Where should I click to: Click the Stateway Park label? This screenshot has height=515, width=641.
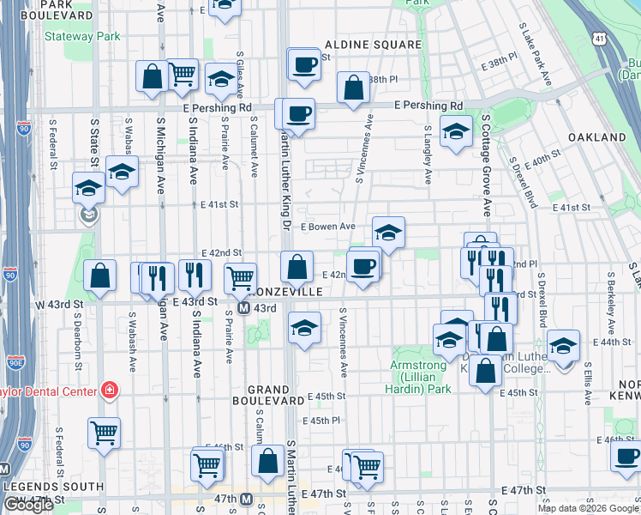(x=82, y=37)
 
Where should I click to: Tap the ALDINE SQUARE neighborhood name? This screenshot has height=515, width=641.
(x=373, y=44)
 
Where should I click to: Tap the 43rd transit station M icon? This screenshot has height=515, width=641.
(x=243, y=308)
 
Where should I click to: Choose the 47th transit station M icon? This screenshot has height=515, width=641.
(x=247, y=498)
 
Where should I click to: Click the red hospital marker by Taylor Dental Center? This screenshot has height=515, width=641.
(x=110, y=391)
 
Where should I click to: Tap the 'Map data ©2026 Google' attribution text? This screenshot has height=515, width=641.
(x=589, y=508)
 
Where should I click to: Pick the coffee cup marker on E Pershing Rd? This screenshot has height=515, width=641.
(x=299, y=115)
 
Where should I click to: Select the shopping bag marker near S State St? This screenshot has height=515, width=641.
(x=100, y=276)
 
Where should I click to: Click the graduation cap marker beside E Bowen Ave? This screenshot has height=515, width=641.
(x=388, y=233)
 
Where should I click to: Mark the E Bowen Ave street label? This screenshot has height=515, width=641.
(x=327, y=227)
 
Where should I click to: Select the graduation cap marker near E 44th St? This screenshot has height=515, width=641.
(x=563, y=347)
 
